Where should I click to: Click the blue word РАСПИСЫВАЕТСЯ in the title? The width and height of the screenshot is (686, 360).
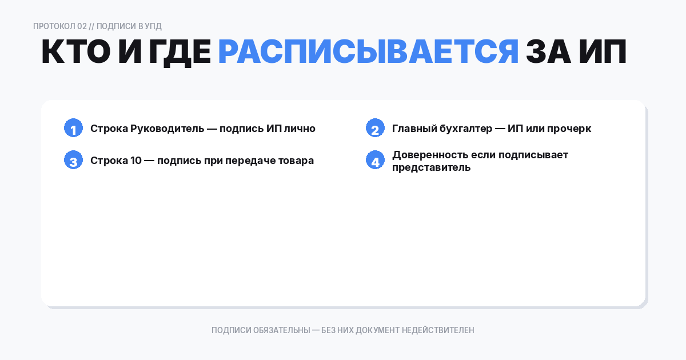point(368,53)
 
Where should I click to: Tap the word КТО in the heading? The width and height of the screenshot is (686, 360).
point(76,53)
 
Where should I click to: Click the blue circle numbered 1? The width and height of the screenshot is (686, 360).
point(73,129)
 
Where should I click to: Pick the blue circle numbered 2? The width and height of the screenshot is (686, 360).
point(375,129)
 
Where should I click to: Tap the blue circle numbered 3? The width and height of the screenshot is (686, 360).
point(73,161)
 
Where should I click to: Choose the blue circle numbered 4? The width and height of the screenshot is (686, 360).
point(375,161)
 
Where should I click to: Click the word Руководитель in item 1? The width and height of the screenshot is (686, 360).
point(166,129)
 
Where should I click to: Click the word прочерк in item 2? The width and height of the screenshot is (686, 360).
point(569,129)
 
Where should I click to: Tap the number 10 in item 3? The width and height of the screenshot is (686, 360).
point(135,161)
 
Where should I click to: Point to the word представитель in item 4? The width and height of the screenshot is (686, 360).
point(431,167)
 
